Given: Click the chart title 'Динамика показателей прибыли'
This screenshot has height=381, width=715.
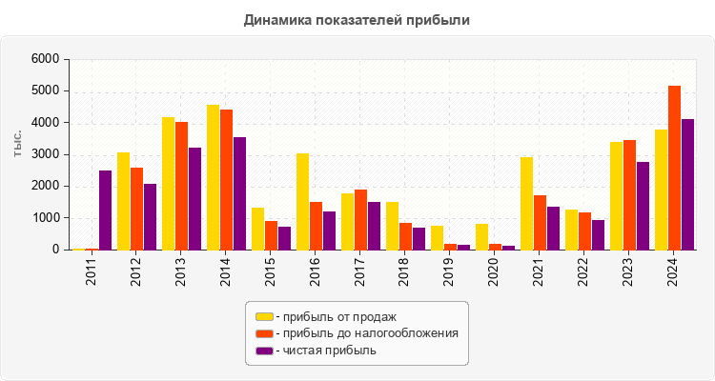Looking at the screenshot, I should click(357, 19).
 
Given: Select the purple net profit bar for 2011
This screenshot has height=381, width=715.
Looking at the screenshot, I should click(105, 211).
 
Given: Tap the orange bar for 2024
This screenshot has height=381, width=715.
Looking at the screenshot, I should click(674, 168).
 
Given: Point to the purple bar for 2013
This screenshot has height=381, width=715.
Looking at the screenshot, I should click(194, 199).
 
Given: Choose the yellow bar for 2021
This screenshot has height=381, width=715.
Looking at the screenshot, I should click(526, 204).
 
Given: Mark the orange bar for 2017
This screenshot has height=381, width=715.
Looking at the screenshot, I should click(360, 220).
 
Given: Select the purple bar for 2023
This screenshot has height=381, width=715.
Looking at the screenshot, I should click(643, 206).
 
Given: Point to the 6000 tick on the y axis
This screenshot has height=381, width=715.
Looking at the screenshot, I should click(45, 59).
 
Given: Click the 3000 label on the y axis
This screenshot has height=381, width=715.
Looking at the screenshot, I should click(45, 154).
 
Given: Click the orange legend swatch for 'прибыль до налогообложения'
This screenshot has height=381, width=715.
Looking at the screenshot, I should click(264, 333).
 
